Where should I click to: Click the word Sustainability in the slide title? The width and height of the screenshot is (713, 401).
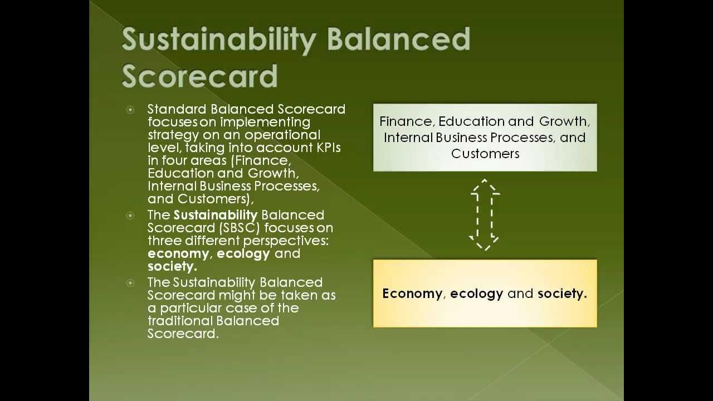pyautogui.click(x=218, y=41)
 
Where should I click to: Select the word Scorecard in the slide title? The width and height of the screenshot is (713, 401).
pyautogui.click(x=199, y=76)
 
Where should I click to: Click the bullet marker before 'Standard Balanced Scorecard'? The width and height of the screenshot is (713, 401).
pyautogui.click(x=130, y=110)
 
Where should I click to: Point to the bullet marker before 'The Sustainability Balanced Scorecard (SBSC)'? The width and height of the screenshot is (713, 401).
pyautogui.click(x=130, y=216)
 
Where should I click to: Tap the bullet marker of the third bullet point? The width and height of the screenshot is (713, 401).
pyautogui.click(x=130, y=283)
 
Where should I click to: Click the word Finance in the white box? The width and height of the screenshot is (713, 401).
pyautogui.click(x=407, y=121)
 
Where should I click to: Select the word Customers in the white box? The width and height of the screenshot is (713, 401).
pyautogui.click(x=485, y=154)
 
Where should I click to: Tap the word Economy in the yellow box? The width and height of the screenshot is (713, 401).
pyautogui.click(x=412, y=294)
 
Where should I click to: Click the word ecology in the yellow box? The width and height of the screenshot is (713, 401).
pyautogui.click(x=476, y=294)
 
